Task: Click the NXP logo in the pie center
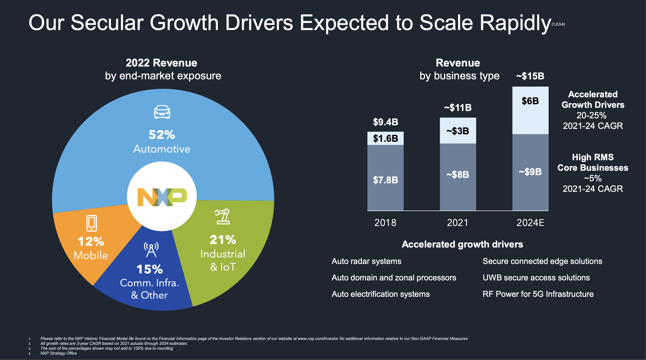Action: click(162, 197)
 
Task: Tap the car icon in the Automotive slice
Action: click(162, 112)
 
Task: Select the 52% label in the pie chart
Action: click(162, 135)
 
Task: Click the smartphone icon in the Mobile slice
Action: click(92, 223)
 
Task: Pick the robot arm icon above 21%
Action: click(222, 216)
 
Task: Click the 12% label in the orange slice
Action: click(91, 242)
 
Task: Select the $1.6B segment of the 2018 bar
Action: click(385, 138)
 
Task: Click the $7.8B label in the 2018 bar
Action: click(385, 180)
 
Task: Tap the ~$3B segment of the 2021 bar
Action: click(458, 131)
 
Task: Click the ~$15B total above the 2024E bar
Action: click(530, 76)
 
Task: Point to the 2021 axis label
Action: click(458, 223)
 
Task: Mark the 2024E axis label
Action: click(530, 223)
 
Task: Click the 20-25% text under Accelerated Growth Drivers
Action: click(591, 115)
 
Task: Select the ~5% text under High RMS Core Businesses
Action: click(593, 178)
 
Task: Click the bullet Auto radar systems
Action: click(366, 261)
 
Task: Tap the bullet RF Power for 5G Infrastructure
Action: click(538, 294)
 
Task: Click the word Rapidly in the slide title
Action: click(515, 23)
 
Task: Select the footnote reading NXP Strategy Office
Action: click(59, 353)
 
